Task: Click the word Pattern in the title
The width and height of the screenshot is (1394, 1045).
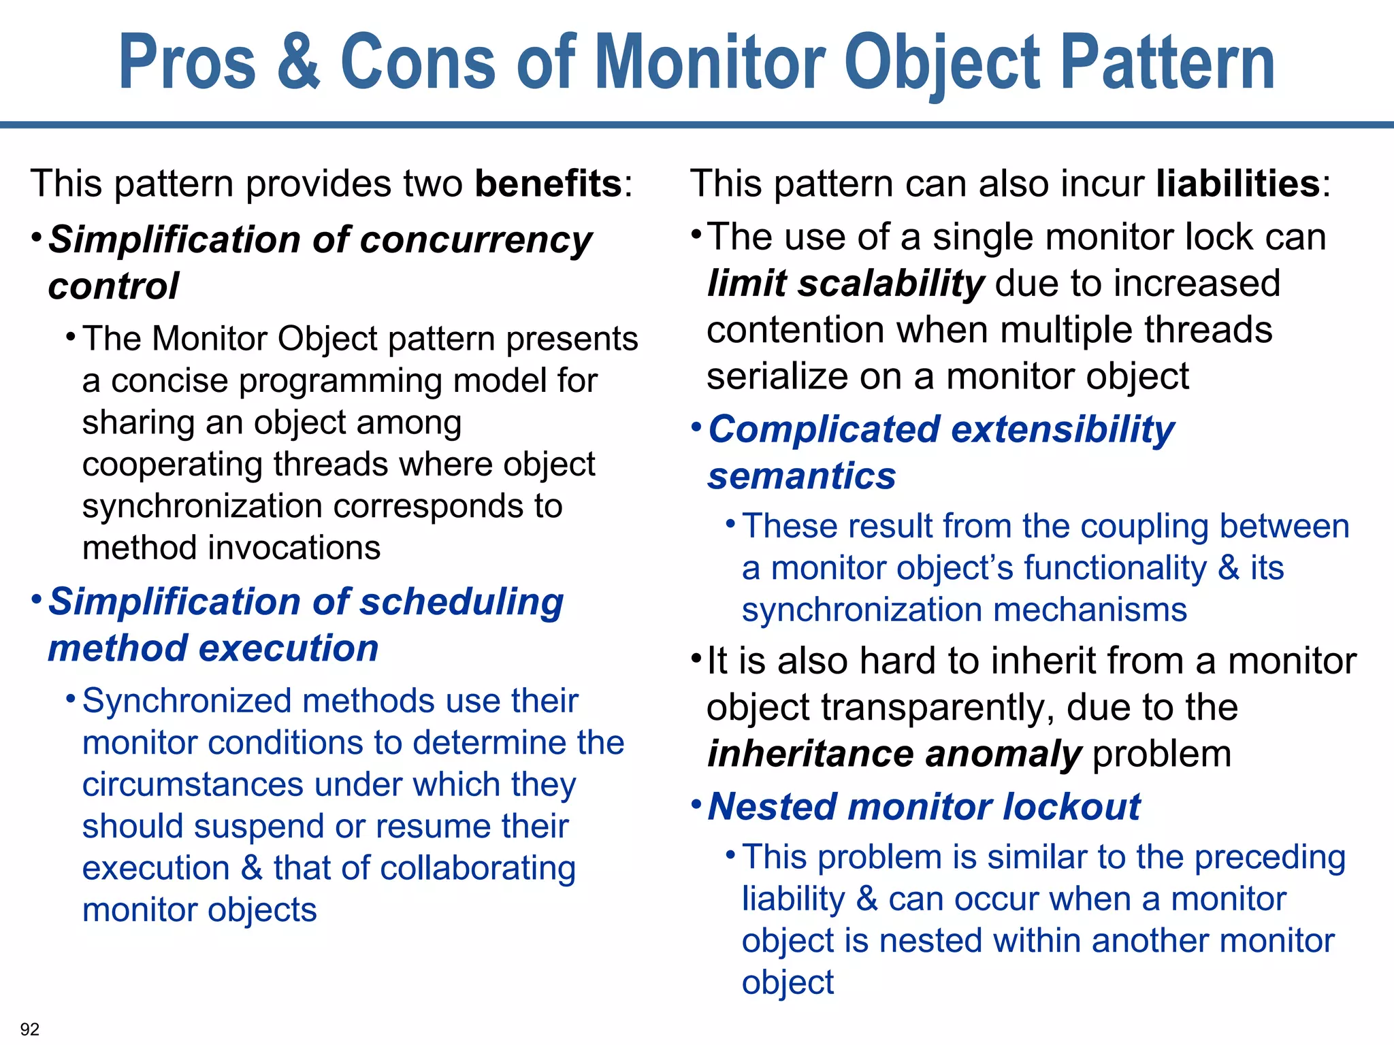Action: pos(1168,63)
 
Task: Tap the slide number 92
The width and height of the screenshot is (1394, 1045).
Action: pos(30,1029)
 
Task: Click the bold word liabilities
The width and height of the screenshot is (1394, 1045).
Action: pos(1238,184)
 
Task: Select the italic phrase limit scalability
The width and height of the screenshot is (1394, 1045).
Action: pos(845,284)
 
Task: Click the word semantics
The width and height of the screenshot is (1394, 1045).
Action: pos(802,476)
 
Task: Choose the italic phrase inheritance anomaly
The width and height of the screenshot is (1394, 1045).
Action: pos(894,754)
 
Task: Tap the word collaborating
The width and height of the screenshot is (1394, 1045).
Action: pos(478,869)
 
